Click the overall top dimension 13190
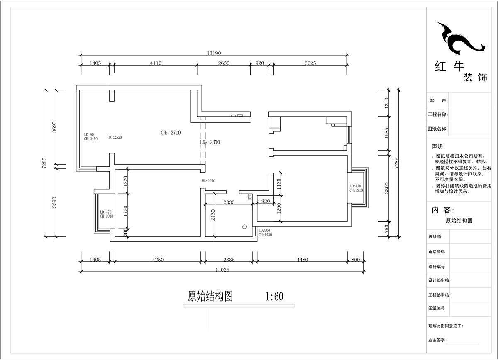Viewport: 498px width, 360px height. pyautogui.click(x=214, y=53)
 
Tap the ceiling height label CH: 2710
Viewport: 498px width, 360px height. pyautogui.click(x=171, y=133)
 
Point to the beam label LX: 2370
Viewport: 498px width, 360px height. pyautogui.click(x=210, y=142)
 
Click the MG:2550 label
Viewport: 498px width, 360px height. pyautogui.click(x=115, y=137)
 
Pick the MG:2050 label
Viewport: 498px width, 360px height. pyautogui.click(x=208, y=181)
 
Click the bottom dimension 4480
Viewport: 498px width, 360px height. pyautogui.click(x=303, y=260)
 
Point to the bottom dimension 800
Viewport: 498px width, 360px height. pyautogui.click(x=355, y=260)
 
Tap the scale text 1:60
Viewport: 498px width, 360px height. pyautogui.click(x=274, y=297)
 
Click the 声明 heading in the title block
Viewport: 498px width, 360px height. pyautogui.click(x=438, y=147)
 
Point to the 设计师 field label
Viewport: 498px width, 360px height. pyautogui.click(x=435, y=237)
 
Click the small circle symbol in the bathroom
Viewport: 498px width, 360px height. pyautogui.click(x=244, y=226)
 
